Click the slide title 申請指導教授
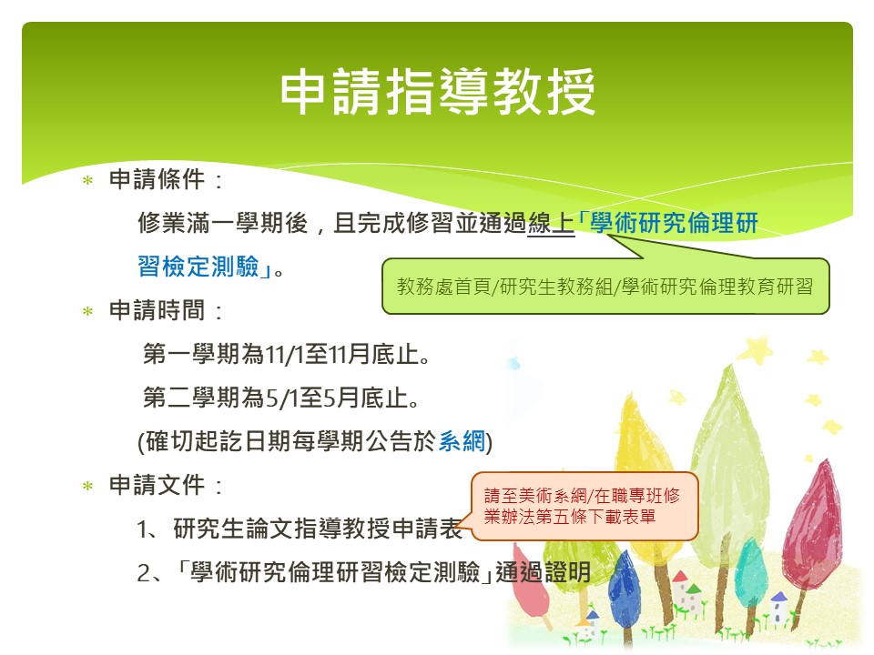(x=438, y=92)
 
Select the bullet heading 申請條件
(x=158, y=179)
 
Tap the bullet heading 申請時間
(x=158, y=310)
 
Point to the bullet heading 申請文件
(x=158, y=485)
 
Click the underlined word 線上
(x=551, y=224)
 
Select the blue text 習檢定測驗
(x=198, y=267)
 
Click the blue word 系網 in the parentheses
(x=462, y=441)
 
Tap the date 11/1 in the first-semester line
(x=284, y=355)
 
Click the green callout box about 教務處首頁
(x=606, y=286)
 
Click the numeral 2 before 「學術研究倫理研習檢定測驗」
(x=143, y=573)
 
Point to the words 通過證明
(x=543, y=572)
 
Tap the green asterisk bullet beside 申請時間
(x=87, y=311)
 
